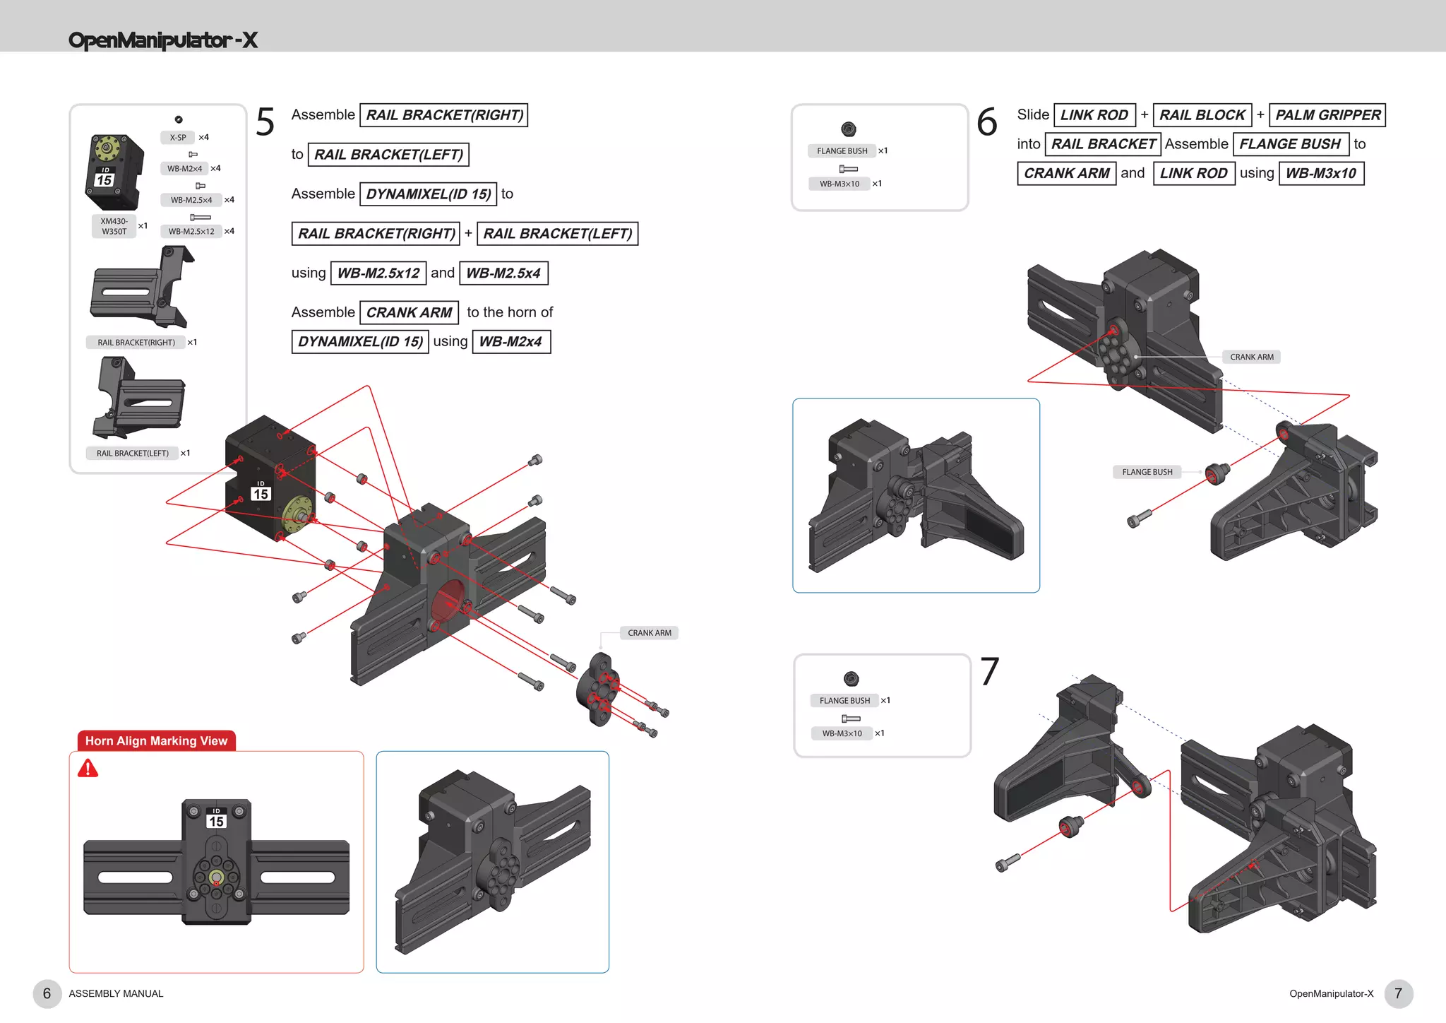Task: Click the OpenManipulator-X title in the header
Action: (x=162, y=40)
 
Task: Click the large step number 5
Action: (x=265, y=122)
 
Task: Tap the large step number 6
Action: (x=986, y=122)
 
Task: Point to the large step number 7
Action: (x=989, y=672)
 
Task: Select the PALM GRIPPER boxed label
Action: (x=1327, y=115)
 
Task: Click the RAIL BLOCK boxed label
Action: (x=1202, y=115)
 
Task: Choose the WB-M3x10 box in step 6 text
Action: (x=1320, y=174)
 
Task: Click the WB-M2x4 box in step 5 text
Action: (x=510, y=342)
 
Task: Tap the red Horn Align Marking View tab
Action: (x=156, y=741)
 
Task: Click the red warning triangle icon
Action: (x=88, y=769)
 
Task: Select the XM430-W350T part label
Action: (x=114, y=226)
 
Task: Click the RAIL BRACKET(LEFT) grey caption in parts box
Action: (x=132, y=454)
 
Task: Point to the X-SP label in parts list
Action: (x=177, y=138)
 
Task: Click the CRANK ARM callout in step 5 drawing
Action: (x=649, y=633)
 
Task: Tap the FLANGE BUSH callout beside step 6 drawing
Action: (x=1147, y=472)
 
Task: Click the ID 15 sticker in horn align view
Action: (x=216, y=820)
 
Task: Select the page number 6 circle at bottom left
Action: (x=47, y=993)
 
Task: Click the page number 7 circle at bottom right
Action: (x=1398, y=993)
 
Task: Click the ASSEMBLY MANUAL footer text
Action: (x=116, y=994)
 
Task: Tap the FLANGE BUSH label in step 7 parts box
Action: (x=844, y=701)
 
